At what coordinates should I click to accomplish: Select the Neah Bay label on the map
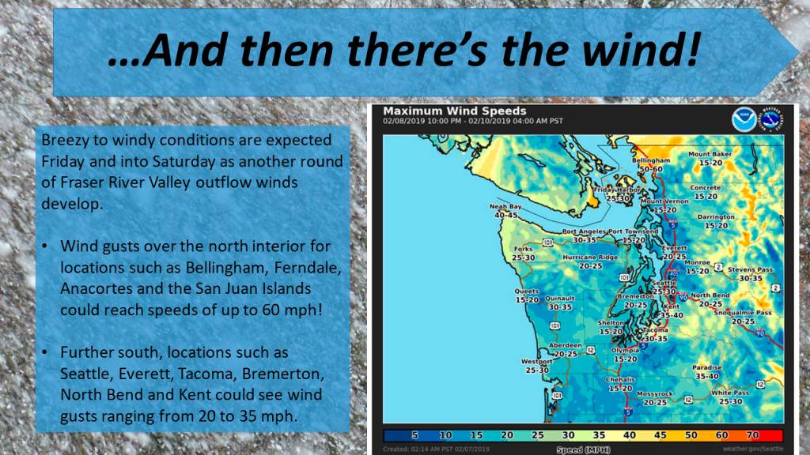click(x=503, y=207)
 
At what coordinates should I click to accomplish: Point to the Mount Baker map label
click(x=710, y=154)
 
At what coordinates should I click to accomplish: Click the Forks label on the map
click(x=523, y=248)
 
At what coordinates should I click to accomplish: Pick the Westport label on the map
click(x=537, y=362)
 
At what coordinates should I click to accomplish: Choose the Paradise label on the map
click(x=707, y=367)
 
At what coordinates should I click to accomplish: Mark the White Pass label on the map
click(x=729, y=393)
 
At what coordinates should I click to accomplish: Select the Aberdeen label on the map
click(x=565, y=346)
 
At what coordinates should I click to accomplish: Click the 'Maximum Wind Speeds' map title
click(x=454, y=111)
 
